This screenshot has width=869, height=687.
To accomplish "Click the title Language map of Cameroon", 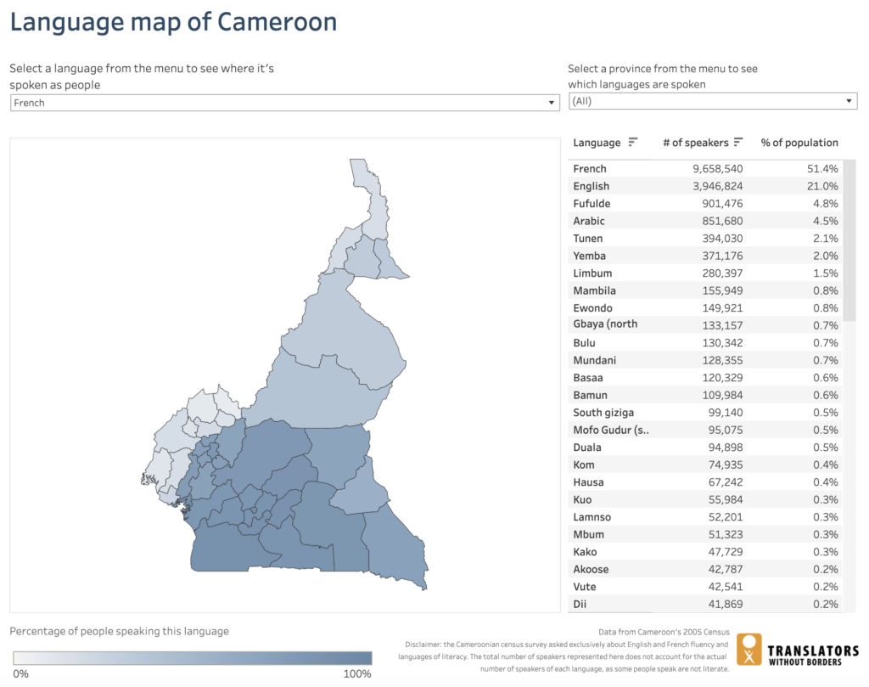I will pos(173,22).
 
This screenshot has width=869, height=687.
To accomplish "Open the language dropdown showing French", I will pos(284,103).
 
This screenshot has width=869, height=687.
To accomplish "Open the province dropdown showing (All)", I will pos(712,101).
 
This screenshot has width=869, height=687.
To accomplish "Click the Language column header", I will pos(597,143).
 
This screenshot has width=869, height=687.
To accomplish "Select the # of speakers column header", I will pos(695,143).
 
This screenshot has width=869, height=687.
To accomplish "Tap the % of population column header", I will pos(799,143).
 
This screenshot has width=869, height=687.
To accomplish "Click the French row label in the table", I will pos(590,169).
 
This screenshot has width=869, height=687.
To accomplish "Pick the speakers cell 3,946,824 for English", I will pos(717,186).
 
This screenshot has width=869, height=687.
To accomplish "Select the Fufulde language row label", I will pos(591,204).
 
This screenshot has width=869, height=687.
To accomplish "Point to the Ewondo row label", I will pos(592,308).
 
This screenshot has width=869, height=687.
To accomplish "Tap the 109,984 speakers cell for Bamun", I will pos(720,395).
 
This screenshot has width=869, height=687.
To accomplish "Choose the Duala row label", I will pos(587,448).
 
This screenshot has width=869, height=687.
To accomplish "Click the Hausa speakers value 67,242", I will pos(723,482).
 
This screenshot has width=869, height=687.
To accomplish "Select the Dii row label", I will pos(580,604).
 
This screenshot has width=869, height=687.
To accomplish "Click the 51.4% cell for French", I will pos(822,169).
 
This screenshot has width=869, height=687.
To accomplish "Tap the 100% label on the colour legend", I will pos(356,674).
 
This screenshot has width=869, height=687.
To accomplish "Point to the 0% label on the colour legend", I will pos(20,674).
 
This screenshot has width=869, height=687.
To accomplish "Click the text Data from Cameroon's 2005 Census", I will pos(664,633).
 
